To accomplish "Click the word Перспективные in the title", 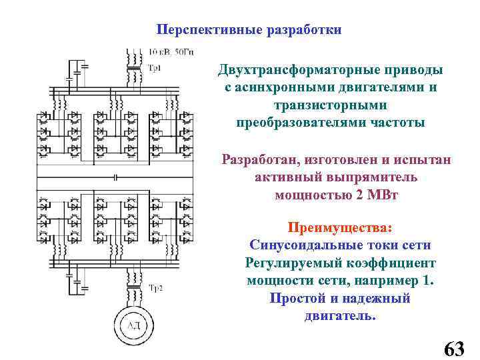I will pyautogui.click(x=199, y=30).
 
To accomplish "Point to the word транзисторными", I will pyautogui.click(x=329, y=105).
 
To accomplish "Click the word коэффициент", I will pyautogui.click(x=388, y=263).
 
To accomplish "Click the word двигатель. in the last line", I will pyautogui.click(x=340, y=315).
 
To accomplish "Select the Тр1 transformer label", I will pyautogui.click(x=154, y=67).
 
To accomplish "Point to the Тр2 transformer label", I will pyautogui.click(x=155, y=288).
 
